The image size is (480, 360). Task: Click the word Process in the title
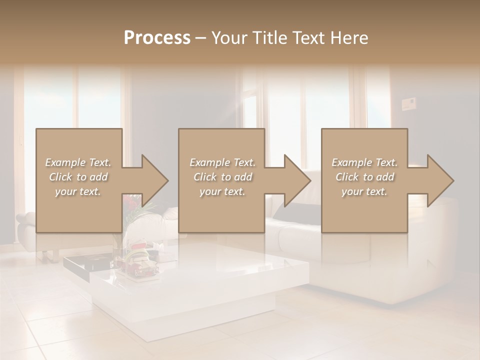tap(157, 38)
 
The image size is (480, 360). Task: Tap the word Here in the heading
tap(350, 38)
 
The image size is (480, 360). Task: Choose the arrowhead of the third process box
tap(440, 180)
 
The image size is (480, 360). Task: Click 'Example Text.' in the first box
tap(78, 162)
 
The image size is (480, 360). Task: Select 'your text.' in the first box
tap(78, 191)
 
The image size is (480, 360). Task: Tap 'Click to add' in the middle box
tap(222, 177)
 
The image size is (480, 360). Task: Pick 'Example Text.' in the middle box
tap(222, 162)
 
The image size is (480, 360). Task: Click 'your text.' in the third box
tap(364, 191)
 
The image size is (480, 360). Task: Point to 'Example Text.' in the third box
tap(364, 162)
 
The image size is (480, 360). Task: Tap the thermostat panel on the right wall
tap(409, 104)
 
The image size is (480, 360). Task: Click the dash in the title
tap(200, 38)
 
